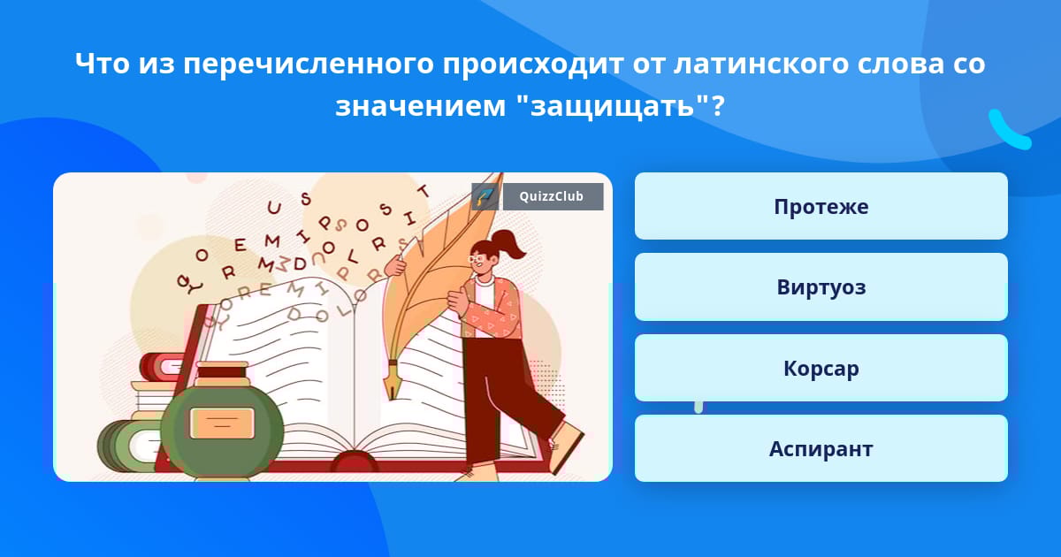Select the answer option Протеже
[821, 206]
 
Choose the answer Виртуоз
[821, 287]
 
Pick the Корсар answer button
[821, 368]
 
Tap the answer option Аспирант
[821, 448]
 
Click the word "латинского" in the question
[760, 64]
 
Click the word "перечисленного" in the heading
[309, 65]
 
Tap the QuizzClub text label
[552, 196]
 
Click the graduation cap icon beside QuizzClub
[485, 196]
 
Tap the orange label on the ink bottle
[222, 423]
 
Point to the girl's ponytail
[509, 243]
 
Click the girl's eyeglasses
[476, 259]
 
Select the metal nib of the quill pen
[393, 380]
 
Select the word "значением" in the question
[421, 107]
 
